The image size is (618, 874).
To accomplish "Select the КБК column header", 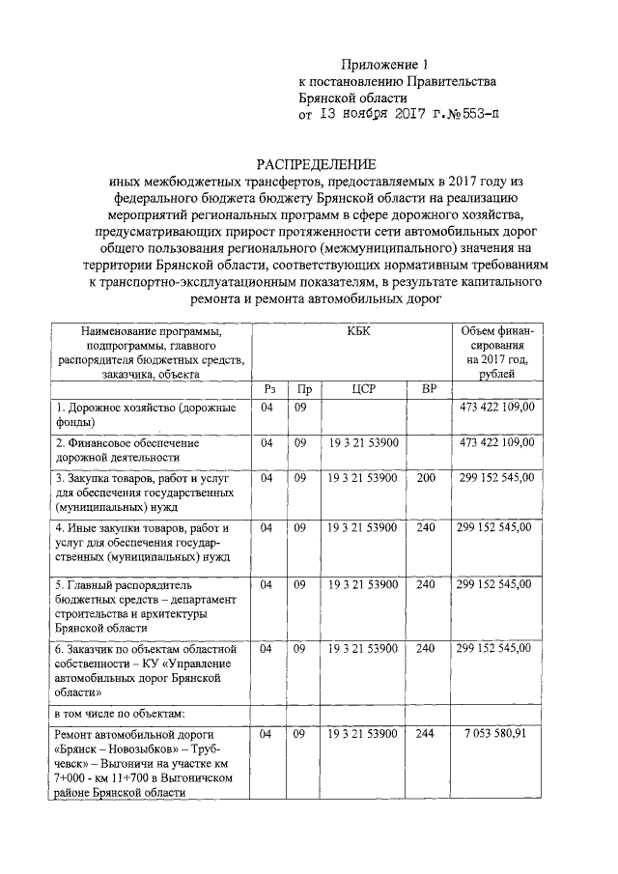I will tap(357, 331).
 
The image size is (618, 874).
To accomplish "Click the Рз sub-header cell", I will tap(268, 389).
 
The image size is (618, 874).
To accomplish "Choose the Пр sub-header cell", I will tap(304, 389).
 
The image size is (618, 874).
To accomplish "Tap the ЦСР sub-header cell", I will tap(362, 389).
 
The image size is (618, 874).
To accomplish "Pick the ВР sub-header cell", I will tap(424, 389).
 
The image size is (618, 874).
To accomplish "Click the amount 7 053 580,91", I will tap(492, 735).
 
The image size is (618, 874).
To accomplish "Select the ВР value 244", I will tap(425, 735).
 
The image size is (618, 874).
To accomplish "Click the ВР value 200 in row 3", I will tap(425, 477).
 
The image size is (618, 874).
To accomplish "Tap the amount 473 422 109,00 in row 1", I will tap(496, 408).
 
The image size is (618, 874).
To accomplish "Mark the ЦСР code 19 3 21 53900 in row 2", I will tap(362, 442).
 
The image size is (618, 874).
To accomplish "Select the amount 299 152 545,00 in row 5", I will tap(492, 584).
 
